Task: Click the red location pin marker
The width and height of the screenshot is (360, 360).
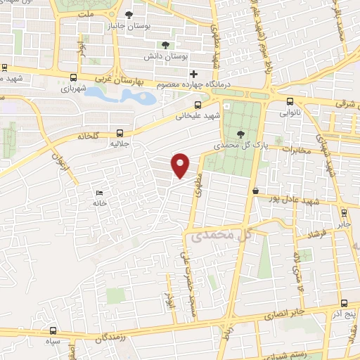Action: tap(181, 165)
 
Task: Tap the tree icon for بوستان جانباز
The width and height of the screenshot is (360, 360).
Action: tap(129, 14)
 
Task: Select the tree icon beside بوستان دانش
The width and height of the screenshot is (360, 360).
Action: tap(165, 45)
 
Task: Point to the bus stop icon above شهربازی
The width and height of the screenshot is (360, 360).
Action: tap(74, 78)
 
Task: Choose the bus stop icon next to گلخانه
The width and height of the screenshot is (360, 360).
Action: tap(120, 131)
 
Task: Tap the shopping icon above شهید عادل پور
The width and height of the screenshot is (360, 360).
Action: tap(255, 191)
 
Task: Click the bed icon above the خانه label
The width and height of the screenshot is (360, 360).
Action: tap(99, 193)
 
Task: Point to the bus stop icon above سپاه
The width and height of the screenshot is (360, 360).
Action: tap(53, 330)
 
